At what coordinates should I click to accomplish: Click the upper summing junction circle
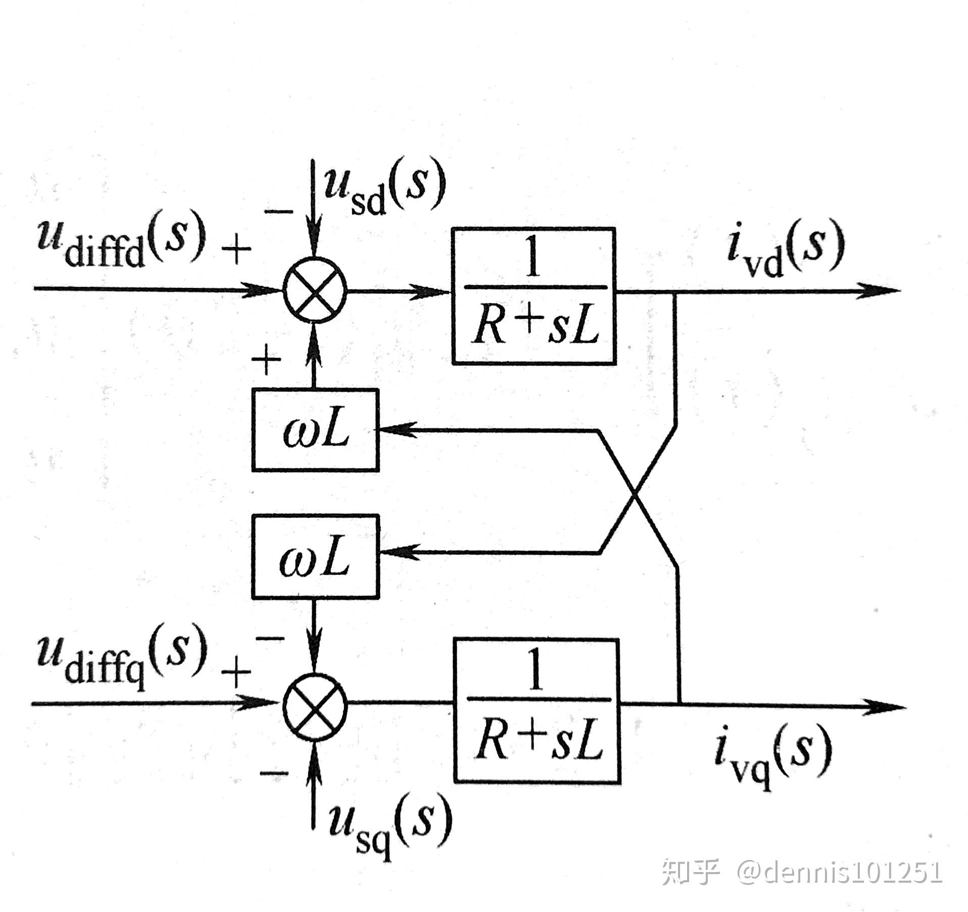click(x=314, y=291)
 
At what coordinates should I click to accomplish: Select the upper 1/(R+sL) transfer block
click(x=534, y=296)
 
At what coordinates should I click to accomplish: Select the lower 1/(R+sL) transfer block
click(x=537, y=710)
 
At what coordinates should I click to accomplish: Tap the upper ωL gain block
click(x=315, y=430)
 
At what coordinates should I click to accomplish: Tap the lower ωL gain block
click(x=315, y=556)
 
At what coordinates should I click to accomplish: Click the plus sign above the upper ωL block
click(x=266, y=360)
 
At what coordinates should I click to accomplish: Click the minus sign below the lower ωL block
click(x=270, y=640)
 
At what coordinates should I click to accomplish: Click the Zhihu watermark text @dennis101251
click(x=839, y=872)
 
